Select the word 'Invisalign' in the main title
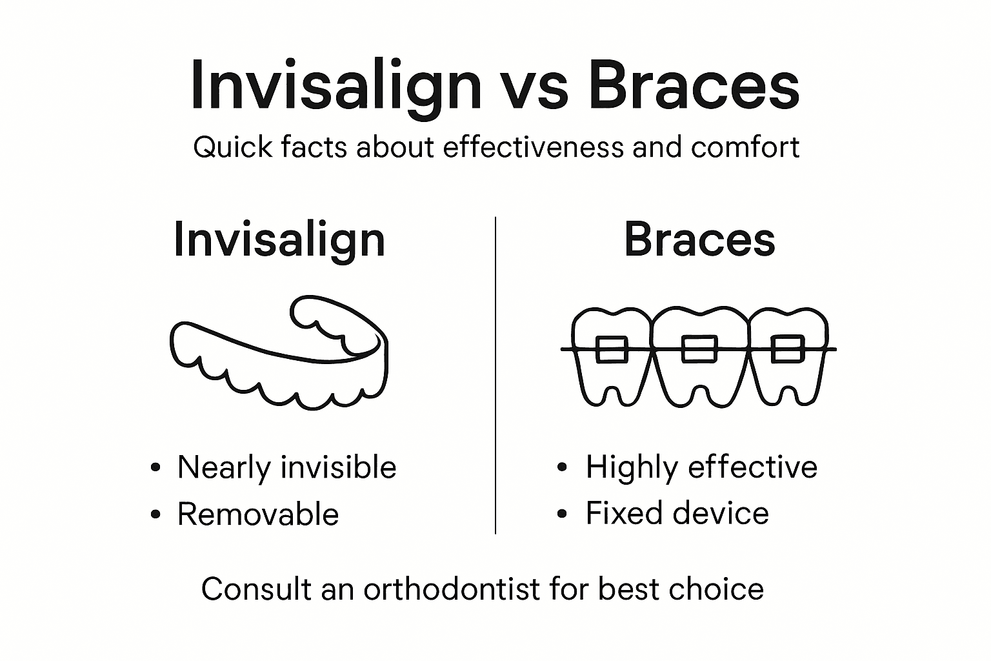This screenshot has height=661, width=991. (x=335, y=87)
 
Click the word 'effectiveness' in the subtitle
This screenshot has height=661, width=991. (x=534, y=147)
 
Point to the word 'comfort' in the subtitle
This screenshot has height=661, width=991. (x=745, y=147)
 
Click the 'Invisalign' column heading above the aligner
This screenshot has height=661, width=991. (x=279, y=240)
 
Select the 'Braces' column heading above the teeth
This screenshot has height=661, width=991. (x=699, y=239)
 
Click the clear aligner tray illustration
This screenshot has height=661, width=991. (x=279, y=355)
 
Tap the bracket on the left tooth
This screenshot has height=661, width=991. (x=611, y=349)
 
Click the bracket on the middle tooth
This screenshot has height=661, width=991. (x=699, y=349)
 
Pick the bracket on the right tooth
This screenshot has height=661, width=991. (x=788, y=349)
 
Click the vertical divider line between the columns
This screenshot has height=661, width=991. (x=495, y=374)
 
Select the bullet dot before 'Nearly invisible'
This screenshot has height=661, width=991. (x=155, y=468)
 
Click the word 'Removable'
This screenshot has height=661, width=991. (x=258, y=514)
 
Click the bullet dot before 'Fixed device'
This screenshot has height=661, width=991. (x=563, y=514)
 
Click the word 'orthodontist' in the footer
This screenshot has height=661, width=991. (x=451, y=589)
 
